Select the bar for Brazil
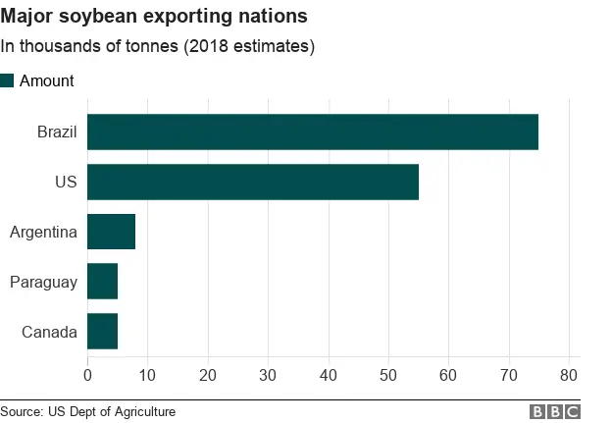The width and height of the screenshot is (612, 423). point(313,132)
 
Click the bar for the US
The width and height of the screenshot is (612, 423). point(253,182)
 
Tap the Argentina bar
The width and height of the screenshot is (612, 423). point(111,232)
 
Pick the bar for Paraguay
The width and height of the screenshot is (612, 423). point(102,282)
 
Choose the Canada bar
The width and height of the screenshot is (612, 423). point(102,332)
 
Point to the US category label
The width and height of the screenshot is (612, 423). point(67,182)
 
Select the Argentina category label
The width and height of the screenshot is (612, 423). point(43,233)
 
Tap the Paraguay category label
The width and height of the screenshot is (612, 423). point(43,283)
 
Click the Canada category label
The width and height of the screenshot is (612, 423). point(49,333)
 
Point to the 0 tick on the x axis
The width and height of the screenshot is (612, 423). point(87,374)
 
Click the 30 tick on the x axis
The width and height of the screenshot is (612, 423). point(268,374)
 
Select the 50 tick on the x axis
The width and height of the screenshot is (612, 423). point(388,374)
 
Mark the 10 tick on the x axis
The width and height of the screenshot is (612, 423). point(147,374)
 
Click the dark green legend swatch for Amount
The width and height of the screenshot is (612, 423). point(7,80)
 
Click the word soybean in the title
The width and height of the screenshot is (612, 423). point(100,18)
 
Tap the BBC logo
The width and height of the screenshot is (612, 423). point(555,412)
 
